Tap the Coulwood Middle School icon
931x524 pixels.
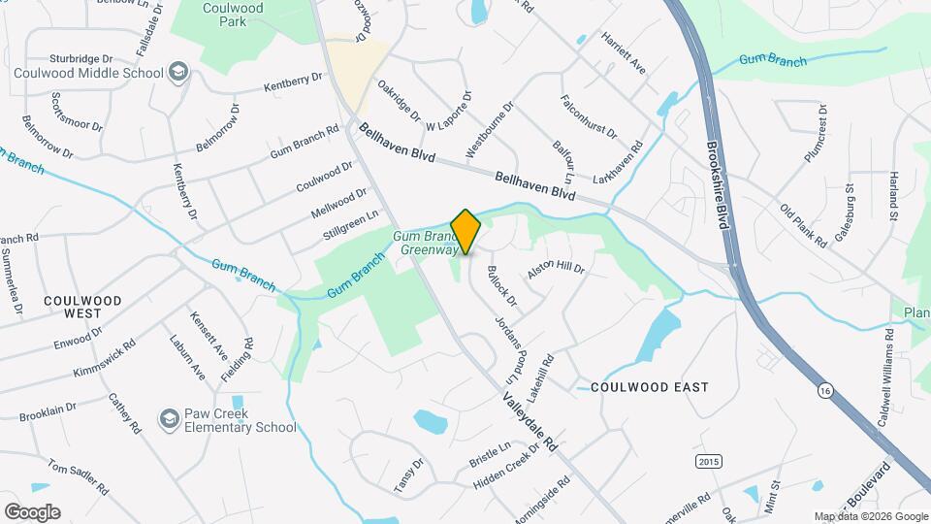coord(178,71)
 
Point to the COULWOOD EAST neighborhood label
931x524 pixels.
coord(650,387)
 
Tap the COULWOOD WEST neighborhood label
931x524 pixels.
coord(82,308)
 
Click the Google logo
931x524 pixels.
coord(32,511)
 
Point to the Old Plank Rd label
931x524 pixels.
coord(803,225)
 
